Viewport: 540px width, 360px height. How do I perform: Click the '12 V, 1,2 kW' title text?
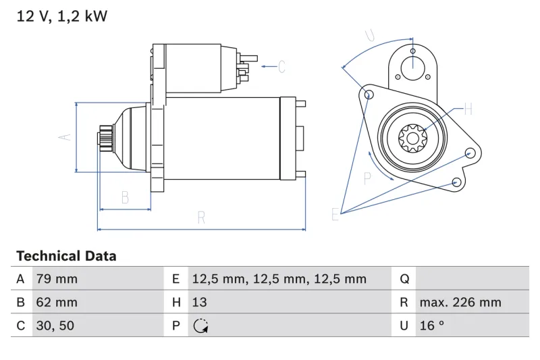point(62,16)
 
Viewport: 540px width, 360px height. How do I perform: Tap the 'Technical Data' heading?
point(66,256)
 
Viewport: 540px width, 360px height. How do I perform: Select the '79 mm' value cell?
point(57,279)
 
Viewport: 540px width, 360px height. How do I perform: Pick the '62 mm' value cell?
point(57,302)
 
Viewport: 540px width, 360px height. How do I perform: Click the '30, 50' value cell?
point(55,326)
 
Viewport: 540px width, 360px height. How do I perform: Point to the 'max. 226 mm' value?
point(460,302)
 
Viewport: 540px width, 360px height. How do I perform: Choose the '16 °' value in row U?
point(431,326)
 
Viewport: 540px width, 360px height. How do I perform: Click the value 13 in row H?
point(199,302)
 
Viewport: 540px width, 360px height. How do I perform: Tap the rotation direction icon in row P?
point(200,326)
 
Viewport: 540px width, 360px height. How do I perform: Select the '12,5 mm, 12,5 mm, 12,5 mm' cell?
point(279,279)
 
